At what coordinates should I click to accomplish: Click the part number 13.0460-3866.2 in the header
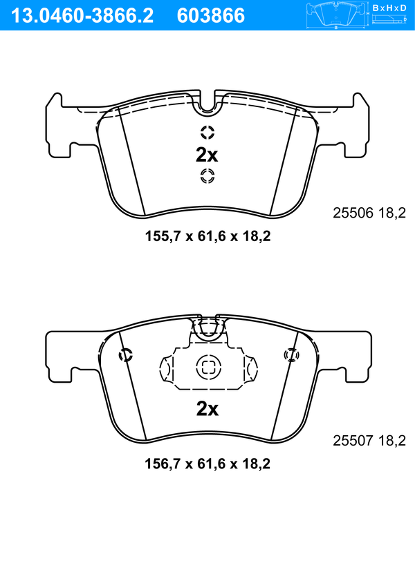tap(82, 16)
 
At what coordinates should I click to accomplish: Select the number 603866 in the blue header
tap(211, 16)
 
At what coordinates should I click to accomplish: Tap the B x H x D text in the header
tap(389, 8)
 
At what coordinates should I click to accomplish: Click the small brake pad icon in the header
tap(336, 16)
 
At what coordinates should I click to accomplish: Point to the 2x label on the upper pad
tap(207, 155)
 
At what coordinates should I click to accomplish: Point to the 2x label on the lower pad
tap(207, 409)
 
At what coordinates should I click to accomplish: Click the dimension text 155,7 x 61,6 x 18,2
tap(207, 236)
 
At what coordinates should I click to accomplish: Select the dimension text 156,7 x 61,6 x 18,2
tap(207, 464)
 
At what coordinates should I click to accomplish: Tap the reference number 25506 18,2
tap(369, 213)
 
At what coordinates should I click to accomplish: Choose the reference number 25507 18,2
tap(369, 440)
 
